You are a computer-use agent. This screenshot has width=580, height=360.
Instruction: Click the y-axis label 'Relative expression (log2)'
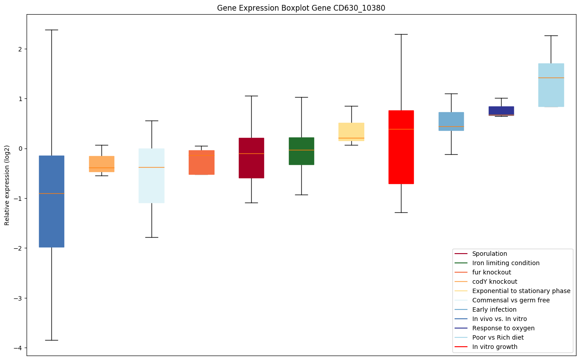(x=8, y=184)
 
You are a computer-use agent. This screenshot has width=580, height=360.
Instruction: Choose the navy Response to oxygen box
(x=501, y=110)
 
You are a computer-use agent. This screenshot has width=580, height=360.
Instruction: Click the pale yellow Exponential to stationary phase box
(x=351, y=131)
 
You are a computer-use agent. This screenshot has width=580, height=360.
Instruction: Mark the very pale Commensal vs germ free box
(x=152, y=186)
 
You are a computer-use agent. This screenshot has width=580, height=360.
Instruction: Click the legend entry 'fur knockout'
(x=491, y=272)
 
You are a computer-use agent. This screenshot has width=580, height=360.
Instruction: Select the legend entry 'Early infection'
(x=494, y=309)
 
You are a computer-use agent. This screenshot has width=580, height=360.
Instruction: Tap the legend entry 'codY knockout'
(x=494, y=282)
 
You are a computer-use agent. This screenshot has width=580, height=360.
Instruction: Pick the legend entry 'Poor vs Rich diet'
(x=498, y=337)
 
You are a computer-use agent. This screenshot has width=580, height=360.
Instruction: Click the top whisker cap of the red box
(x=401, y=34)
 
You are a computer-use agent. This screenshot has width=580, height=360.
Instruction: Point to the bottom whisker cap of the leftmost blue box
(x=51, y=340)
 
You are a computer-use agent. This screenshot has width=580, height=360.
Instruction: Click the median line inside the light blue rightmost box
(x=551, y=78)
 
